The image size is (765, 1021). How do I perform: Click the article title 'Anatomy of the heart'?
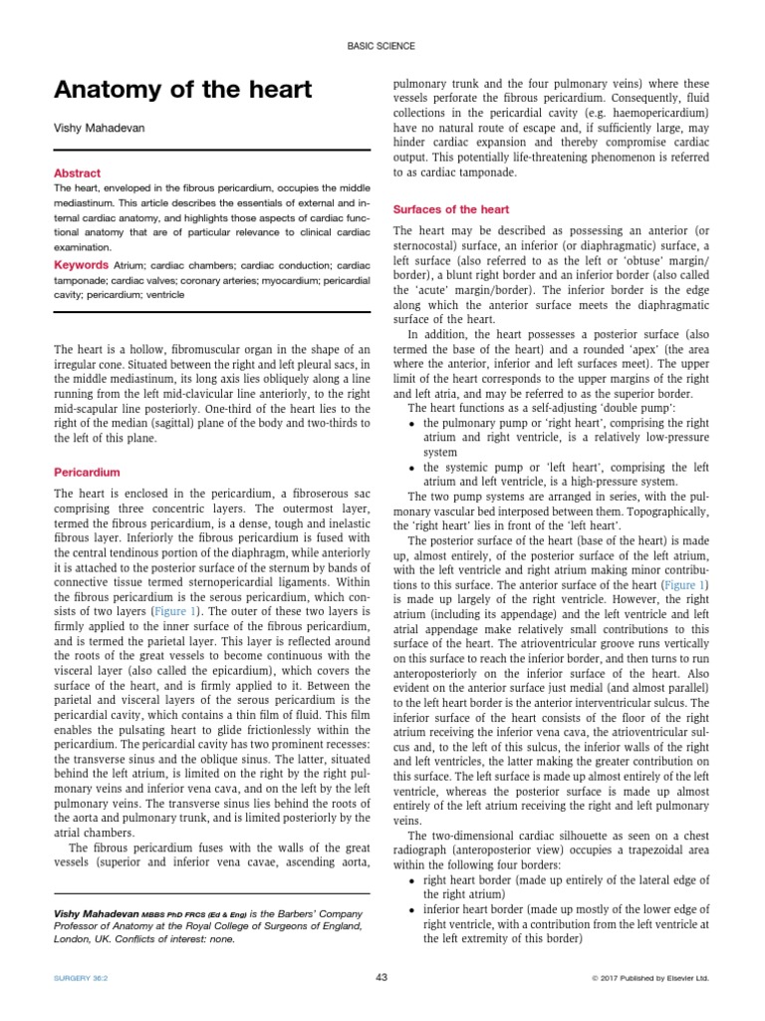(x=182, y=91)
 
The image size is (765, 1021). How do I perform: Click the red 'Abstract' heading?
(x=77, y=172)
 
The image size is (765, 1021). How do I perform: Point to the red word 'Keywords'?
(x=81, y=265)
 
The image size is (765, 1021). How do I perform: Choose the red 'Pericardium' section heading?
(x=87, y=471)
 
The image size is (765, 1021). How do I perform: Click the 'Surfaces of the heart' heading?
(x=451, y=209)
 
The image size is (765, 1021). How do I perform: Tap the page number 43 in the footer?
(x=382, y=977)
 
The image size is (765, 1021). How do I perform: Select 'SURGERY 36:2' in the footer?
(x=83, y=978)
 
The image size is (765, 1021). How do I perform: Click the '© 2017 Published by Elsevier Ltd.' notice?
(x=649, y=978)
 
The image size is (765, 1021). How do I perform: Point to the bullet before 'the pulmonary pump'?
(x=412, y=424)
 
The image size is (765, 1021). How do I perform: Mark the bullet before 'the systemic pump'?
(x=412, y=468)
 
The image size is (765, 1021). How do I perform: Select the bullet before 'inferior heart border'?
(x=412, y=910)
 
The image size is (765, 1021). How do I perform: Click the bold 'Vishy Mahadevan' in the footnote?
(x=97, y=914)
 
